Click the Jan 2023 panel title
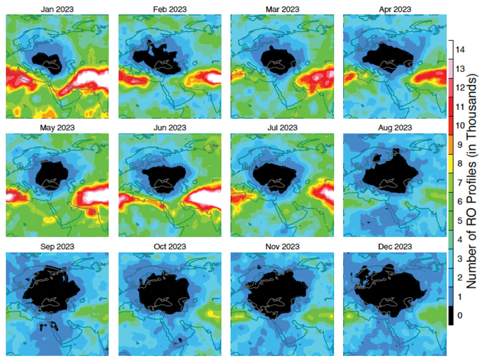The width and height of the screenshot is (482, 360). (x=57, y=9)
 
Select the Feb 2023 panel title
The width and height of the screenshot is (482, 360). (x=170, y=9)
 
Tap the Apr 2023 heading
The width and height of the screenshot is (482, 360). (x=395, y=9)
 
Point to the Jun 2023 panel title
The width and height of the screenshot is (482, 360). (x=170, y=128)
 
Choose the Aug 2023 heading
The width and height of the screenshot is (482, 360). (x=395, y=128)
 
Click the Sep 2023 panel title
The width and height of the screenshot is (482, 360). (x=57, y=247)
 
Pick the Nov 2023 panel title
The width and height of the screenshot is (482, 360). (x=282, y=247)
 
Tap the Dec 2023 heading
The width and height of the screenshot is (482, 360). (x=395, y=247)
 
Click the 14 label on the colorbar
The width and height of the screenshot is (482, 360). (x=460, y=50)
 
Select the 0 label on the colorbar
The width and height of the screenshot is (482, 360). (x=460, y=315)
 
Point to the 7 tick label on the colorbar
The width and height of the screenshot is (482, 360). (x=460, y=183)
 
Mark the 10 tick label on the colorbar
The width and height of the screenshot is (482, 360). (x=460, y=126)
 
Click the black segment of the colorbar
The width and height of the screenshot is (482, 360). (x=451, y=315)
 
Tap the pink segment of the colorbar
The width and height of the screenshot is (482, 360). (x=451, y=69)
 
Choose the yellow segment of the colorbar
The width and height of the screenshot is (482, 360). (x=451, y=163)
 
